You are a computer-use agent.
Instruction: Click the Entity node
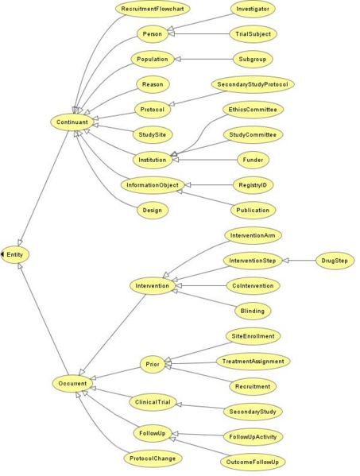[15, 254]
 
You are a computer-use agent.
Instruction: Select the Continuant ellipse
[72, 122]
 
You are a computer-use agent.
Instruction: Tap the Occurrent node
[72, 383]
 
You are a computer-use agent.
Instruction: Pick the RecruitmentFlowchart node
[153, 9]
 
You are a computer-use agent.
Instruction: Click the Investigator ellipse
[253, 9]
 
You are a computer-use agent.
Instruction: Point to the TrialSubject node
[253, 33]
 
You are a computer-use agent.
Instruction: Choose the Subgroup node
[253, 59]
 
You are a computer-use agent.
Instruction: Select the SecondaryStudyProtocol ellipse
[253, 84]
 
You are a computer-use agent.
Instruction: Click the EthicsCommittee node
[253, 110]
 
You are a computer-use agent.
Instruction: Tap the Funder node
[253, 160]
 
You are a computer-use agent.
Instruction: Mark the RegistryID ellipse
[253, 185]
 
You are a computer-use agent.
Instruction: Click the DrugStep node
[335, 261]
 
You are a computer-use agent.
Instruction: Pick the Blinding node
[253, 311]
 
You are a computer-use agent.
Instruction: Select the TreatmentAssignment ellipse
[254, 362]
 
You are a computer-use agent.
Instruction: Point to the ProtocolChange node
[153, 458]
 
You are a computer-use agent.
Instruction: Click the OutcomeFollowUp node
[253, 462]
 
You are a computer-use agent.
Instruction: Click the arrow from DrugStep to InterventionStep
[299, 261]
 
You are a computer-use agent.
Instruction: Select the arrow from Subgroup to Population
[203, 59]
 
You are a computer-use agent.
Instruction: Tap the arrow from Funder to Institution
[205, 160]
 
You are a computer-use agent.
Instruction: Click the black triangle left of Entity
[2, 254]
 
